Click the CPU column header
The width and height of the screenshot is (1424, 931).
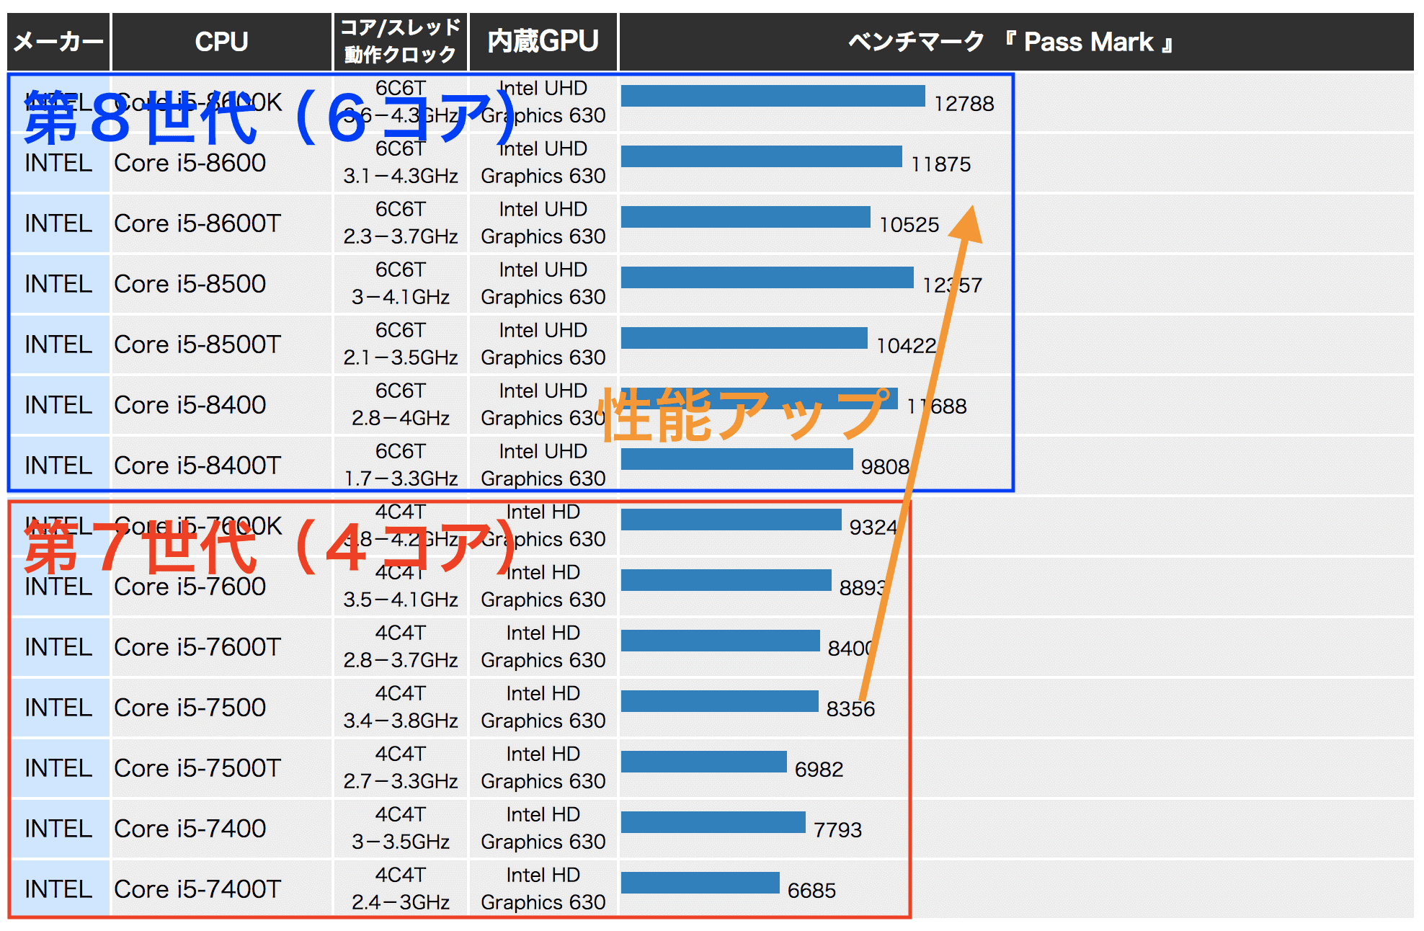(x=221, y=42)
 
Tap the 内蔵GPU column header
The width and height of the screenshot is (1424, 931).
(x=543, y=42)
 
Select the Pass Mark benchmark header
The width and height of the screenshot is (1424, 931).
(x=1009, y=42)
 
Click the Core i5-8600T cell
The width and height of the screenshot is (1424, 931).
(x=197, y=223)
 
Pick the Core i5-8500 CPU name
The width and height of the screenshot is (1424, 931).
(x=190, y=284)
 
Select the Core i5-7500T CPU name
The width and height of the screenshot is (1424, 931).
(x=197, y=768)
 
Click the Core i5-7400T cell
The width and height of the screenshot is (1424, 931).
(x=197, y=889)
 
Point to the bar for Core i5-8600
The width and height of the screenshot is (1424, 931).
(x=761, y=156)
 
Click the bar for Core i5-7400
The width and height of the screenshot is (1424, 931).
(x=713, y=822)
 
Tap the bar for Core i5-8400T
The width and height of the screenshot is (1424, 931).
(x=737, y=459)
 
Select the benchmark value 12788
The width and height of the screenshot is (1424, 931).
(x=964, y=104)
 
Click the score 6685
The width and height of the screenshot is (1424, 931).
(x=811, y=891)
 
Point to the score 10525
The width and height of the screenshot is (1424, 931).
(x=909, y=225)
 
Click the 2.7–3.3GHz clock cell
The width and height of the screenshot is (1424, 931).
(x=401, y=781)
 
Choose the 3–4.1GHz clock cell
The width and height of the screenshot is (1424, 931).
(x=401, y=297)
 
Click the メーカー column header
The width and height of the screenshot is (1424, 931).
(x=58, y=42)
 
